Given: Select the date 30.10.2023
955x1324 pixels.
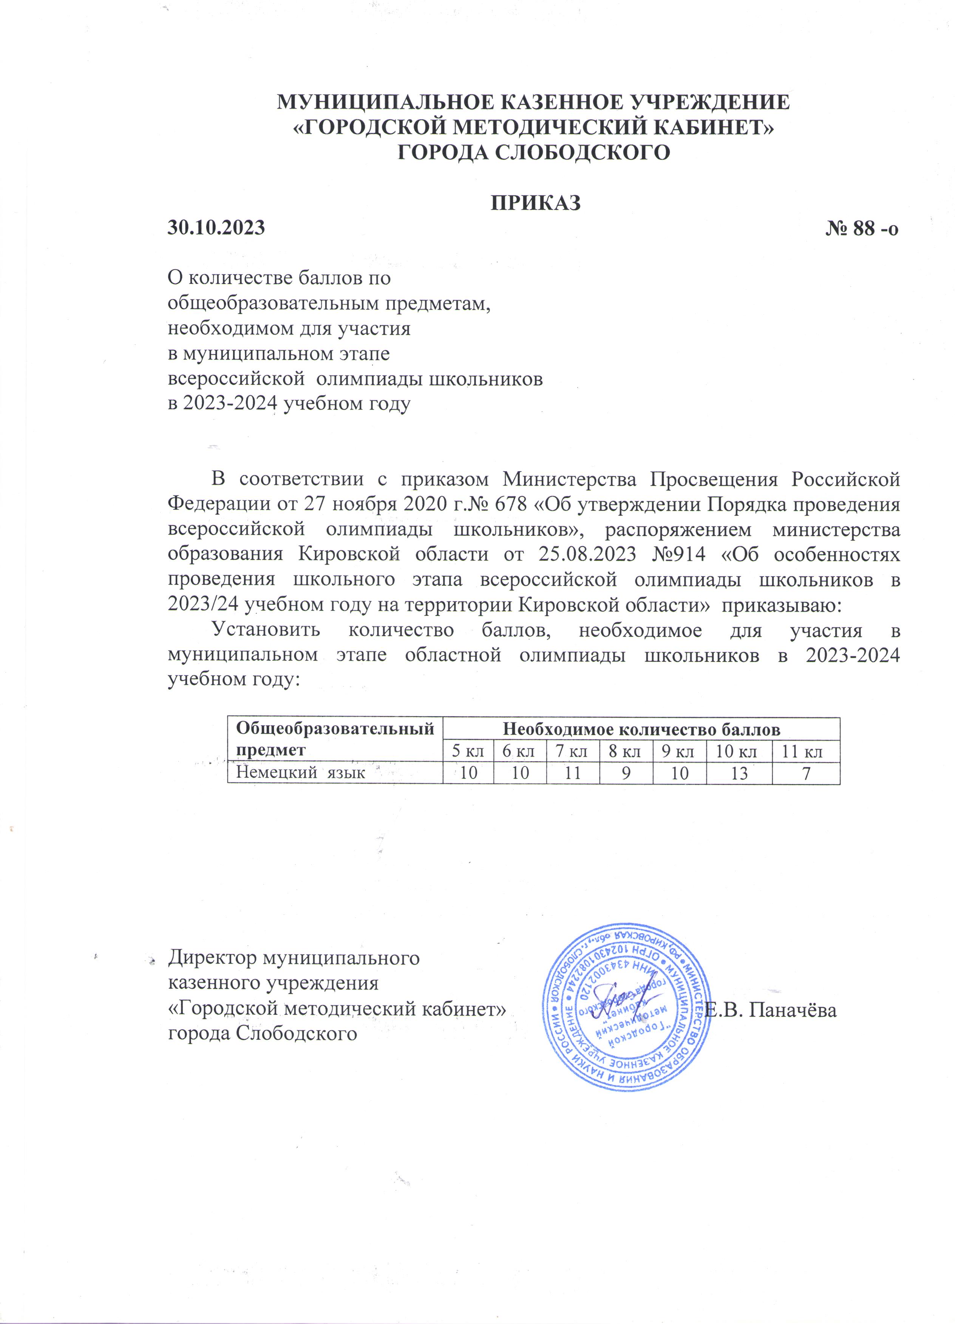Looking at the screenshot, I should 216,228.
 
